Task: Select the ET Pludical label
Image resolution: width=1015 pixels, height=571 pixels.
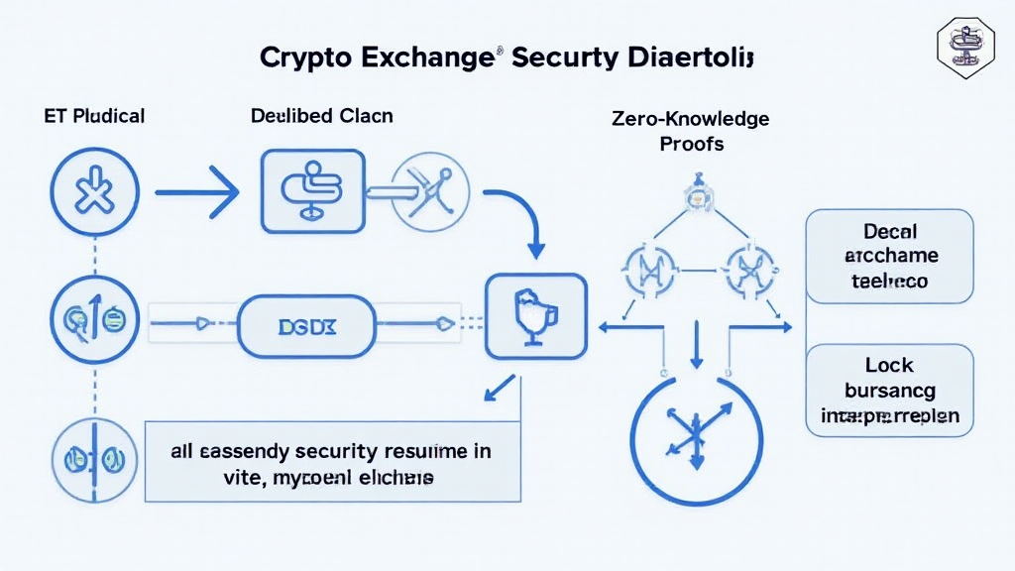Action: tap(95, 116)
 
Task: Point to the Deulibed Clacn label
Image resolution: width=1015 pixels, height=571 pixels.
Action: tap(321, 116)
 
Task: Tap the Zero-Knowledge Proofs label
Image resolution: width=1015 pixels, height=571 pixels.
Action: tap(691, 132)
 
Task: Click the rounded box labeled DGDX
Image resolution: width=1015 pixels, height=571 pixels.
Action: tap(307, 323)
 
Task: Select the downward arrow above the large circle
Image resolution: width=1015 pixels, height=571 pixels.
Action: tap(697, 348)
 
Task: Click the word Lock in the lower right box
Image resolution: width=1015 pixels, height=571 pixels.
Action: tap(888, 365)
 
